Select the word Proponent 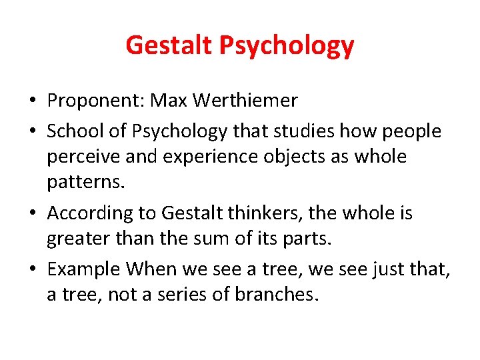95,101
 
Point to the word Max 168,101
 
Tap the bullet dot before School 32,132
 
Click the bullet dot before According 32,214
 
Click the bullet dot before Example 32,270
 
